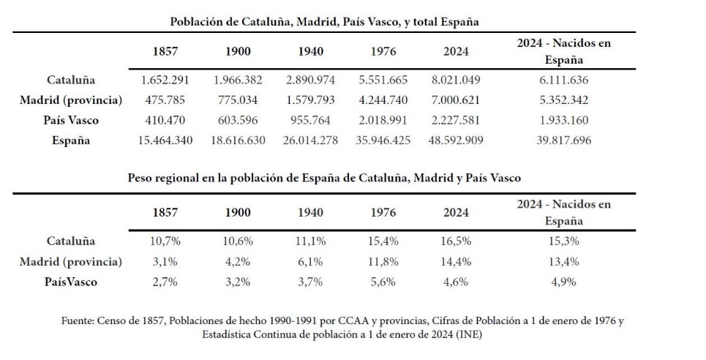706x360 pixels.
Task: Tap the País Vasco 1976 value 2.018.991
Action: [x=383, y=121]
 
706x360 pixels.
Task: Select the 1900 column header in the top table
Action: [x=239, y=52]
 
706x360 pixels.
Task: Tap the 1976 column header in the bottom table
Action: [x=383, y=213]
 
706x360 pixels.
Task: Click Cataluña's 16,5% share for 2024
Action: [x=455, y=241]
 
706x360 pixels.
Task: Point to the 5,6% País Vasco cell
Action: [x=383, y=282]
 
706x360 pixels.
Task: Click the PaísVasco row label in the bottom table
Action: [x=71, y=282]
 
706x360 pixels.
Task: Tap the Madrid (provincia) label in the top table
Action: [x=71, y=100]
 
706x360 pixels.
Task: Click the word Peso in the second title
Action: [x=143, y=178]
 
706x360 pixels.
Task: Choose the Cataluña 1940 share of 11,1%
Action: [x=310, y=241]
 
